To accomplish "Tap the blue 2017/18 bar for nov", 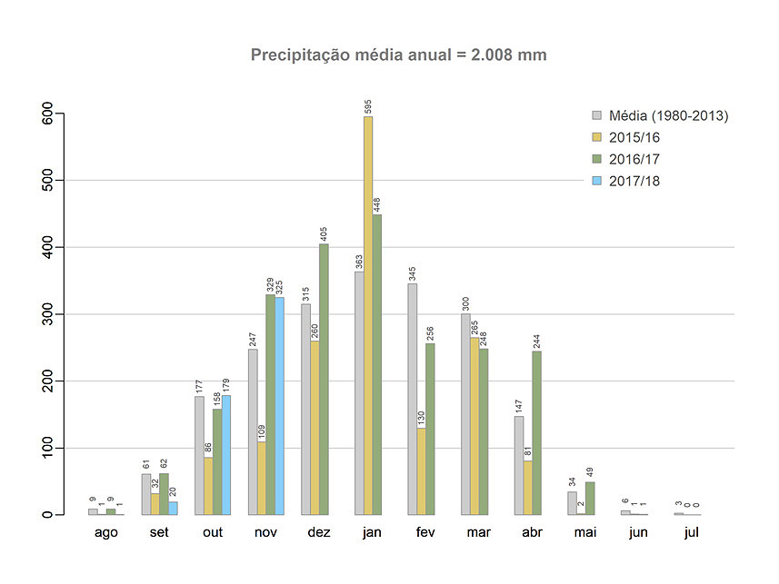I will pyautogui.click(x=279, y=405).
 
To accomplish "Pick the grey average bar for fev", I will pyautogui.click(x=413, y=399).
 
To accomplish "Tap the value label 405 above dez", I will pyautogui.click(x=325, y=232).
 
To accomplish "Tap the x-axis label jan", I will pyautogui.click(x=372, y=532).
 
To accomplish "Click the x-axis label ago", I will pyautogui.click(x=106, y=532).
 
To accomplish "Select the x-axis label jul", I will pyautogui.click(x=692, y=532).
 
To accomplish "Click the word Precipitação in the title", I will pyautogui.click(x=304, y=55).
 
